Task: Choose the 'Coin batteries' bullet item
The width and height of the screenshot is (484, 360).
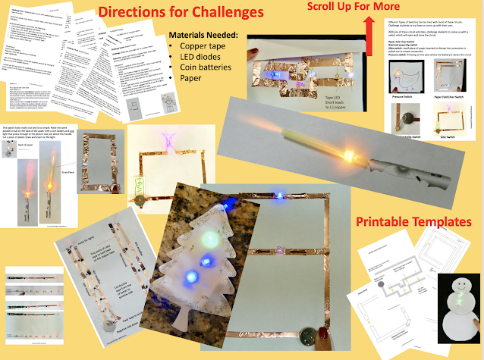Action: (x=210, y=74)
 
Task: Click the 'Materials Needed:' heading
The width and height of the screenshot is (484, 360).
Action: (x=209, y=35)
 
